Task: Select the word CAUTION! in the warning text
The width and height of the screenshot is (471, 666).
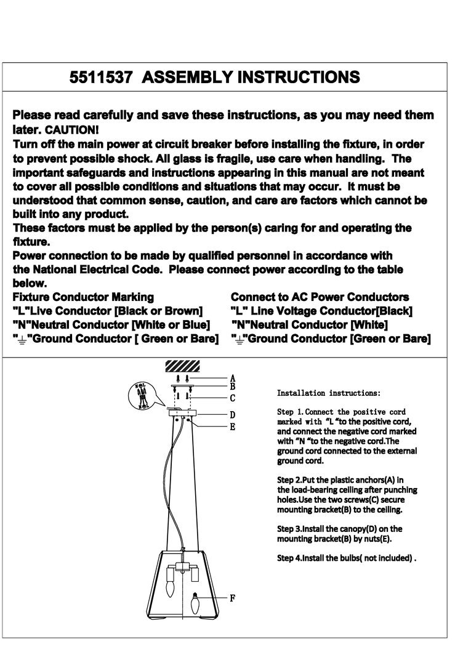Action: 71,130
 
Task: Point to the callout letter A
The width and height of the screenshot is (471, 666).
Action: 232,378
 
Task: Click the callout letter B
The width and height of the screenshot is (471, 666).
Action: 232,387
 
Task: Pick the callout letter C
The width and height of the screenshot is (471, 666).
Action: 232,398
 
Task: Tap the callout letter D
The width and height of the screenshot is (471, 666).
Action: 232,415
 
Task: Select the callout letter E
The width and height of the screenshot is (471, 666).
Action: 232,426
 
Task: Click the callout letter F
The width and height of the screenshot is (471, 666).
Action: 232,597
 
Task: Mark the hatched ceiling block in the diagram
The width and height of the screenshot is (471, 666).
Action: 183,366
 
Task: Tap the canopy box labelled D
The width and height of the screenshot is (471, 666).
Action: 183,414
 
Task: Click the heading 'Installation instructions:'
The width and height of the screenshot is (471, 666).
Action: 329,393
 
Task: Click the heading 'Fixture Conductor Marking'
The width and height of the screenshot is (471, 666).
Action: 83,297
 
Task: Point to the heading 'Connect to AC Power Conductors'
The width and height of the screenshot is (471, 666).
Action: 320,297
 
